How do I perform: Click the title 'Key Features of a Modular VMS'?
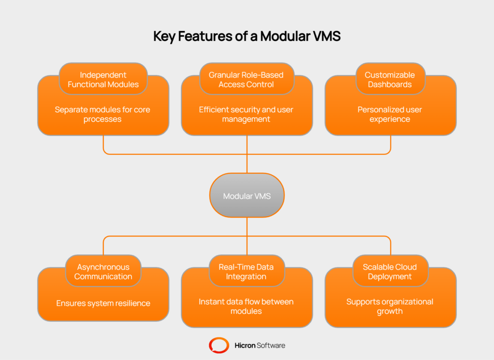pos(247,37)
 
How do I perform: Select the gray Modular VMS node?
pos(247,196)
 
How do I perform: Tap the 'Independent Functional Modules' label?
pos(103,80)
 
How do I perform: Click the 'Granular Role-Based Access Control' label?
pos(246,80)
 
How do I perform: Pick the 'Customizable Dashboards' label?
pos(390,80)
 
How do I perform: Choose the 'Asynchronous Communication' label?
pos(103,272)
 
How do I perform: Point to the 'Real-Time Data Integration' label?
pos(246,272)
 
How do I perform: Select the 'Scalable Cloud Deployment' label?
pos(390,272)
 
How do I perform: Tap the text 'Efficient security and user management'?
pos(246,114)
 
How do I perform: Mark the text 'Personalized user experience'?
pos(390,114)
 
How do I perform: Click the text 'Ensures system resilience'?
pos(103,304)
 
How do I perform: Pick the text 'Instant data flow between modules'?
pos(246,306)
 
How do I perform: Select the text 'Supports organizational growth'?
pos(390,306)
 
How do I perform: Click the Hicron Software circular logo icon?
pos(219,345)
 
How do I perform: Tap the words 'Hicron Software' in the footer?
pos(260,345)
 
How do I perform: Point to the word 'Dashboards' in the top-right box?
pos(390,84)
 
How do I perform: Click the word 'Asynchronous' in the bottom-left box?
pos(103,267)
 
